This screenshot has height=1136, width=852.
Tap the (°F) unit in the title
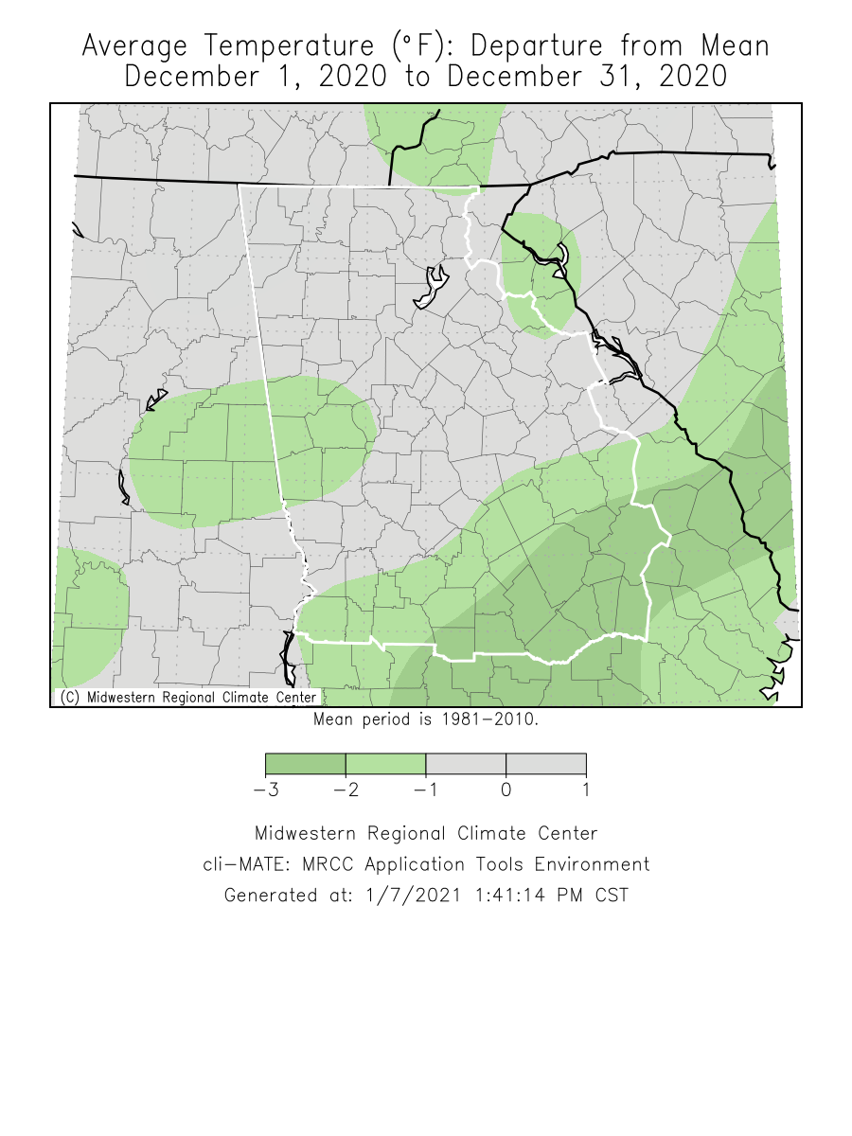[417, 46]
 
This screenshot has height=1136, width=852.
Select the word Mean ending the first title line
[735, 46]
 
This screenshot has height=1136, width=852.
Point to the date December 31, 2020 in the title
[588, 77]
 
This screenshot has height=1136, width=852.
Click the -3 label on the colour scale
[266, 790]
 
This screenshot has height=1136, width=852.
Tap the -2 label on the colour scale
[346, 790]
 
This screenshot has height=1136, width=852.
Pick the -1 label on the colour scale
[426, 790]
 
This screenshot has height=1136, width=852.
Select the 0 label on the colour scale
[506, 790]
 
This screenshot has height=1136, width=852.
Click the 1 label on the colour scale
[586, 790]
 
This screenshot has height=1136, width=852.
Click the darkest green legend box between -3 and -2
[306, 763]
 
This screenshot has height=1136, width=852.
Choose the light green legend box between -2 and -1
[386, 763]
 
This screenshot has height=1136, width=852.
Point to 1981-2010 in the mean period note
[489, 719]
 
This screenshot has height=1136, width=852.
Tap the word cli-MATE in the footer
[240, 864]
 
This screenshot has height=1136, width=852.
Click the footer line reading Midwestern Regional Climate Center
[426, 834]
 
